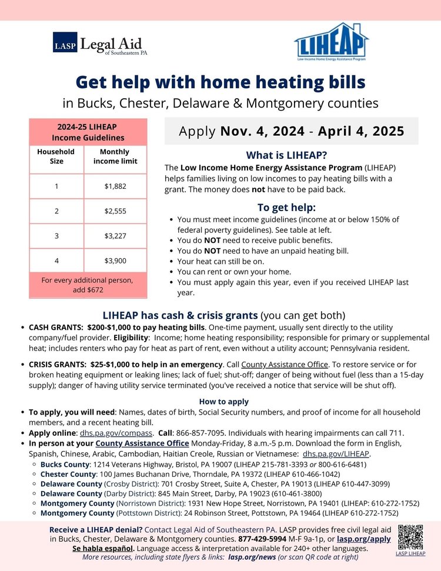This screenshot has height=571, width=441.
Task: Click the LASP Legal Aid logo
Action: point(99,44)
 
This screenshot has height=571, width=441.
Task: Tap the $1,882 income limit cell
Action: point(115,186)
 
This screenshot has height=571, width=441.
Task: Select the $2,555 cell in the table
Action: point(115,211)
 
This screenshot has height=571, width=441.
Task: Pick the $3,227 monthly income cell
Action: point(115,235)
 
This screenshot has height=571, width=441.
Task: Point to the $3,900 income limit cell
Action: point(115,260)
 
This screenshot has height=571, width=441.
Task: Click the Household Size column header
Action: point(56,156)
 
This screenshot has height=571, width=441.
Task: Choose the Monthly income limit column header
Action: point(115,156)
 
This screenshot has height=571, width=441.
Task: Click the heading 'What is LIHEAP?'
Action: point(286,156)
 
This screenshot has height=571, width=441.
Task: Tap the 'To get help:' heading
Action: point(286,207)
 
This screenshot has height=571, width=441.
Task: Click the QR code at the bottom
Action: point(410,536)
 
